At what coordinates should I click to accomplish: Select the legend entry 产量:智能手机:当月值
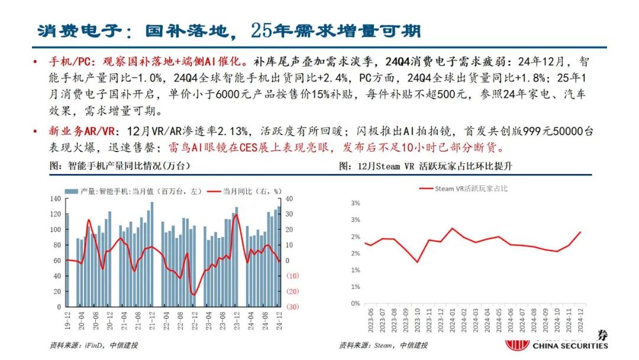[133, 191]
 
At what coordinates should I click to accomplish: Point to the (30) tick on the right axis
[292, 307]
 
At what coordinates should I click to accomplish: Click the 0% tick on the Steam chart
[356, 303]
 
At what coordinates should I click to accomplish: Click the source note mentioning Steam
[383, 345]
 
